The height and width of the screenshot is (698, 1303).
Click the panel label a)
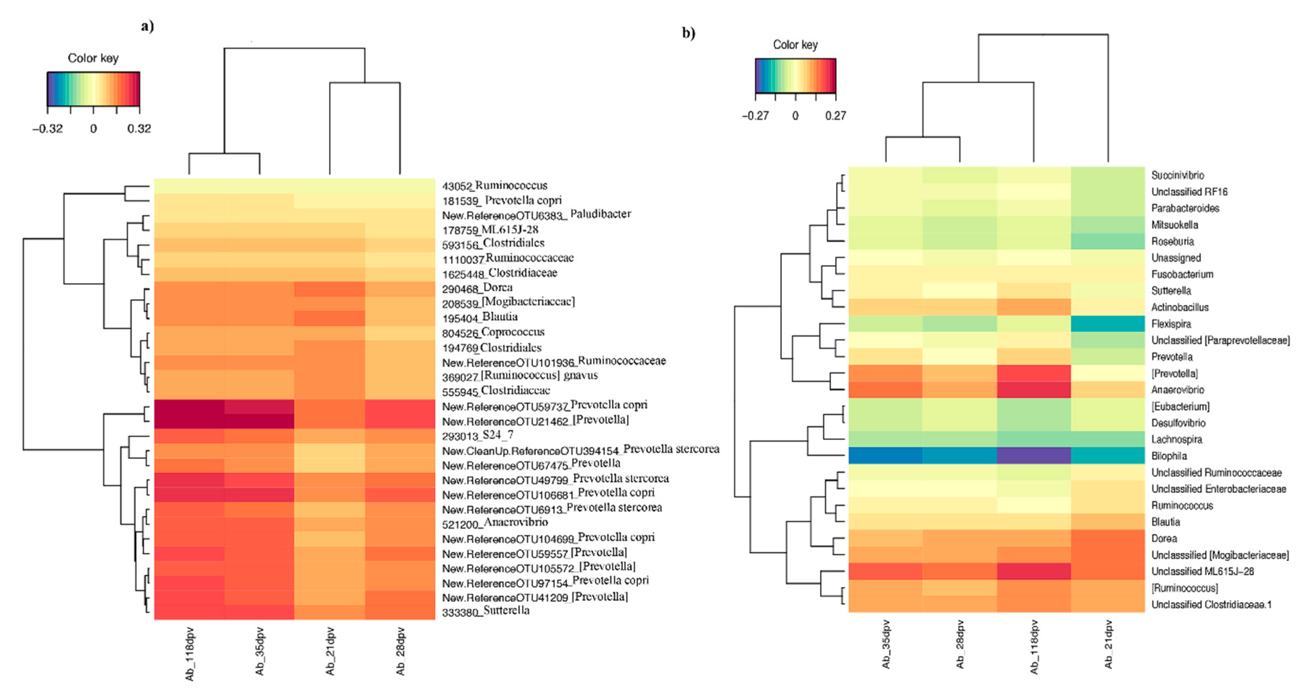coord(147,26)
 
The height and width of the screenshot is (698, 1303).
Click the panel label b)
coord(688,33)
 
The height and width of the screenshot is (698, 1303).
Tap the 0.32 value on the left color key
coord(139,129)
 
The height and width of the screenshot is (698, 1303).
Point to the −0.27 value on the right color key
coord(755,116)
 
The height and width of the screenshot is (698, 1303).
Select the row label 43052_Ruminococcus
coord(494,186)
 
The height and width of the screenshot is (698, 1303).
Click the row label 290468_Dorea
coord(477,288)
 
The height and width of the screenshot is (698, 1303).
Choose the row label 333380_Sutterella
coord(485,611)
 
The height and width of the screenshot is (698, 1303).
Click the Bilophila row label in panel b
coord(1169,456)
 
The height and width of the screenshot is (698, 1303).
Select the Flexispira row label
coord(1171,324)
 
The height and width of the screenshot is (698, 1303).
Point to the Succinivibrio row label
coord(1178,175)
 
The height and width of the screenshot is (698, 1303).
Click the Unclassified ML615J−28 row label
coord(1202,571)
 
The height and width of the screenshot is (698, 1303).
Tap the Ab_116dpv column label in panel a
coord(190,653)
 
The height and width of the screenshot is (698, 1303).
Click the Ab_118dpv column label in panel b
coord(1034,647)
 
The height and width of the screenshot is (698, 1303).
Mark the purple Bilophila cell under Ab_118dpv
coord(1034,456)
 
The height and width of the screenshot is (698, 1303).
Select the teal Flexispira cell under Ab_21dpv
coord(1108,324)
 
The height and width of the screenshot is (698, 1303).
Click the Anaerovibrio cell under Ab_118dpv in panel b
coord(1034,390)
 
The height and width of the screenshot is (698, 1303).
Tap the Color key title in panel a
coord(93,58)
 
